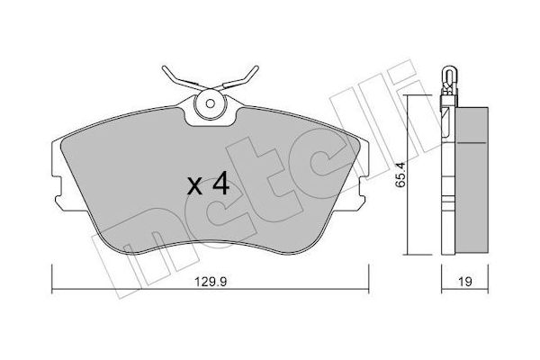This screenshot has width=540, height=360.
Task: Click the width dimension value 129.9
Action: coord(211,280)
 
